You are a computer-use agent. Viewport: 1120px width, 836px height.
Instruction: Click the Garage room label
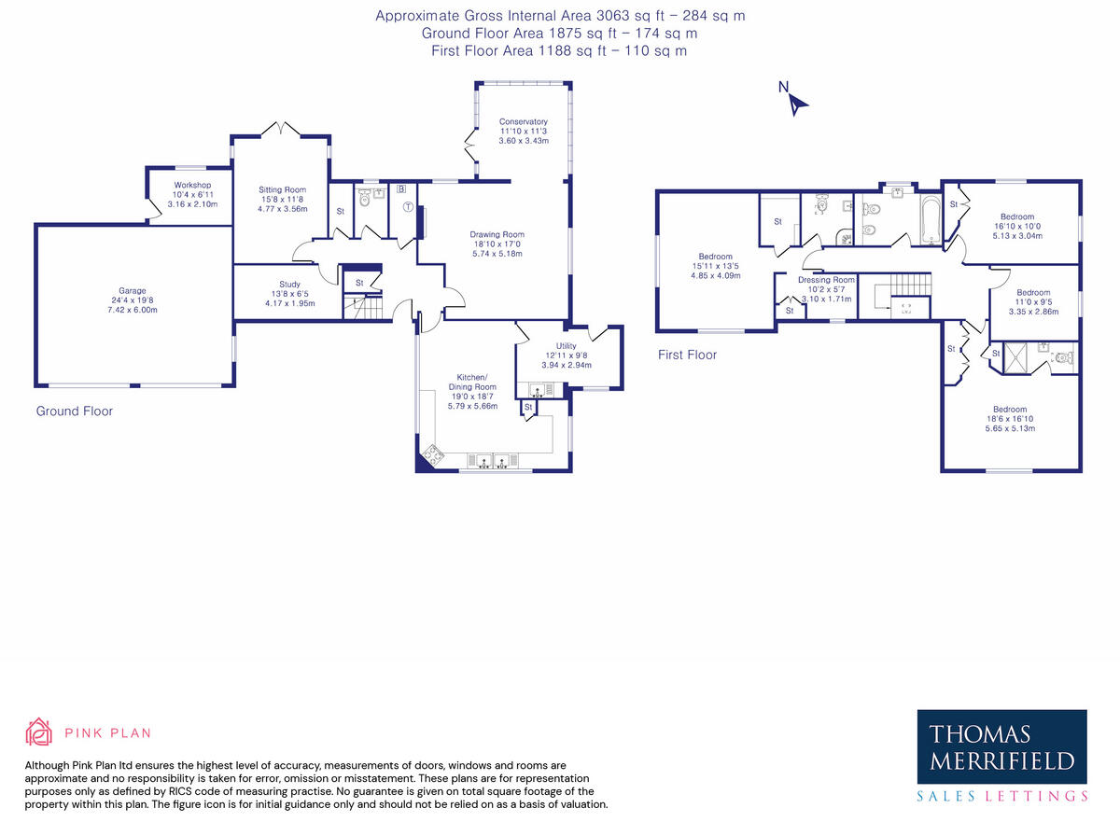133,291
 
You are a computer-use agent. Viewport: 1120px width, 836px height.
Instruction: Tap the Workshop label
192,185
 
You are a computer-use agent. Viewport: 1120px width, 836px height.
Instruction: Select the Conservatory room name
524,121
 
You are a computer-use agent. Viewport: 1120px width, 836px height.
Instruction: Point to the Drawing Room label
497,234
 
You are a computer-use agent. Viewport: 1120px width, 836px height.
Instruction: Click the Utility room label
567,346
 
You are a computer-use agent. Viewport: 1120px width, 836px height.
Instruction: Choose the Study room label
290,284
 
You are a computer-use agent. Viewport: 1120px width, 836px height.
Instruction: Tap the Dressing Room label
826,280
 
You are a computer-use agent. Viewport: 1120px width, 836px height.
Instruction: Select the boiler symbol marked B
401,189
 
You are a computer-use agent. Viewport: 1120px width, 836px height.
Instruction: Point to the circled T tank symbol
408,207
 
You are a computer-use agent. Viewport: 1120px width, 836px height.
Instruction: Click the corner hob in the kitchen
433,455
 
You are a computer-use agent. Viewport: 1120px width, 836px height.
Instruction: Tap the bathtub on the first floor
931,219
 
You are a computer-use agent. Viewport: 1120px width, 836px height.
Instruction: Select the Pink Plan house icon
39,731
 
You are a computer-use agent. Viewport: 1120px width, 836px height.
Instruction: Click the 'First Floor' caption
687,355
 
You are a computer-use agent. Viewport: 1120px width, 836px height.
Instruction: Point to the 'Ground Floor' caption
75,411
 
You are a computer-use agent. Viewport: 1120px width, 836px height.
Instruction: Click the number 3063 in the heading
613,16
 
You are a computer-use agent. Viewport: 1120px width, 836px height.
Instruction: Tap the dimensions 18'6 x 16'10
1010,419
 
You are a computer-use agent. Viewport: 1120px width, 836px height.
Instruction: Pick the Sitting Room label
282,189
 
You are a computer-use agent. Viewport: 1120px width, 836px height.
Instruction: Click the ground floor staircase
363,307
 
